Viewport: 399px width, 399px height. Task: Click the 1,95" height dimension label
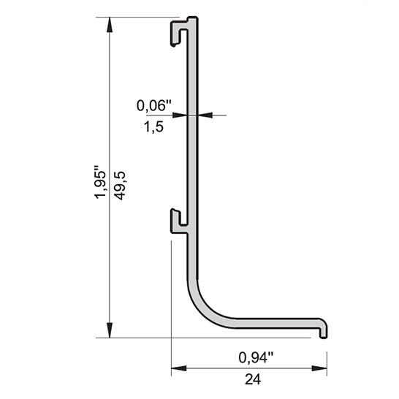[99, 182]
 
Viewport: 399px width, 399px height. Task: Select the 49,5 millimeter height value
[120, 186]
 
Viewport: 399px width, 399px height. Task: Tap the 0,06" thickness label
[154, 105]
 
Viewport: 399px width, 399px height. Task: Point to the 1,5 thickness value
[153, 126]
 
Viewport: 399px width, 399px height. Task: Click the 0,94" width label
[256, 357]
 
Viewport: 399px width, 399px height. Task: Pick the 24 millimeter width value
[253, 379]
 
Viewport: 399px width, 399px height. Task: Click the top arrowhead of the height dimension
[110, 25]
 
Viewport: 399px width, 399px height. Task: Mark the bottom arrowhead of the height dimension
[110, 330]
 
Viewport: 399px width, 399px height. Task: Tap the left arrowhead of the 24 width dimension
[179, 368]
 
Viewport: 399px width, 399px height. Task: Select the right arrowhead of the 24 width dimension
[319, 368]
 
